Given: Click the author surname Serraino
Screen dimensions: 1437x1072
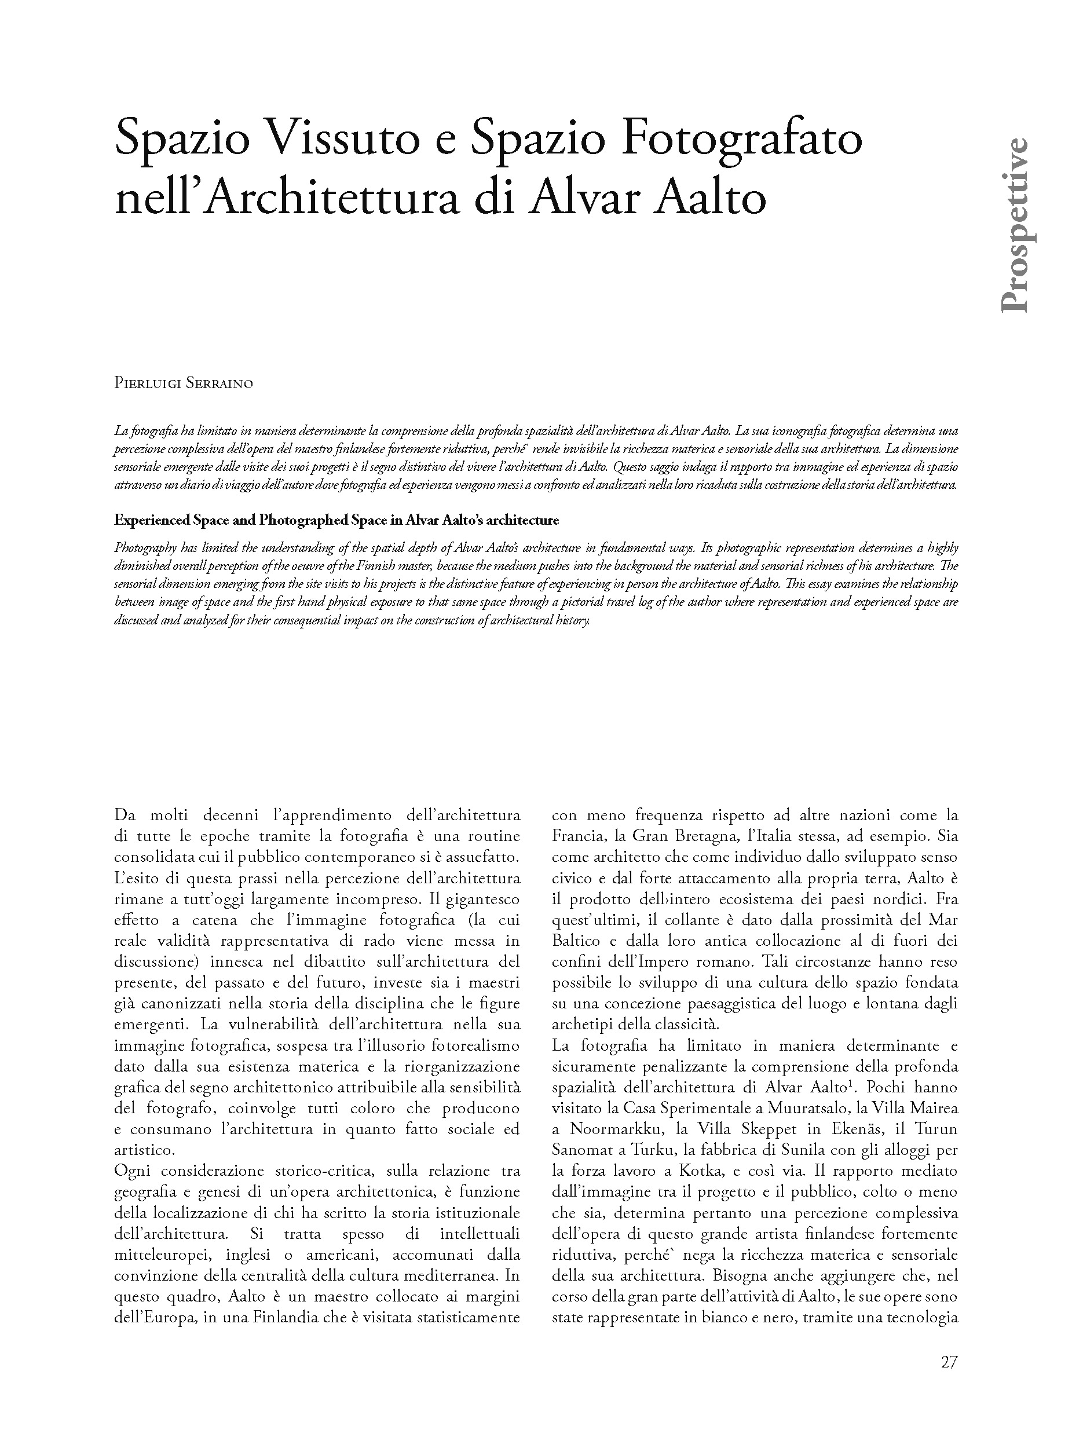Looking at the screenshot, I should point(219,383).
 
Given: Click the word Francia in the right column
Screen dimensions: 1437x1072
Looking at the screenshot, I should point(578,836).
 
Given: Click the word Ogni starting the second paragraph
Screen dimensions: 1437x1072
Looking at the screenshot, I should point(133,1171).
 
